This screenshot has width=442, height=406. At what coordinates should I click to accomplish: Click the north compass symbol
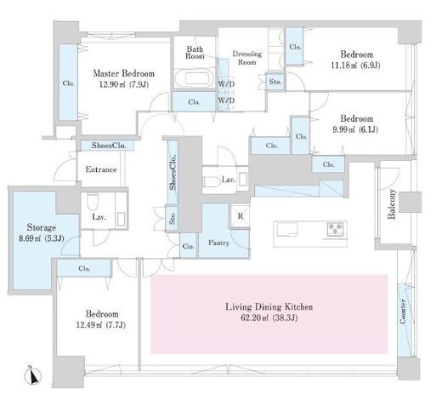(33, 376)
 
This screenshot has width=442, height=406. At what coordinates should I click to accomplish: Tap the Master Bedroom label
(124, 74)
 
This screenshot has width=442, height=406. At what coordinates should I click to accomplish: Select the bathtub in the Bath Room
(195, 78)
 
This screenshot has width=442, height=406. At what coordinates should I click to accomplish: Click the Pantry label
(218, 243)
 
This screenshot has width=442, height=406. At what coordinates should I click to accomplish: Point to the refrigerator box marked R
(241, 216)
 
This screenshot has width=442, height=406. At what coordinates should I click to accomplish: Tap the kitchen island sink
(287, 229)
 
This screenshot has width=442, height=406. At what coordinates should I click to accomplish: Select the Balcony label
(392, 203)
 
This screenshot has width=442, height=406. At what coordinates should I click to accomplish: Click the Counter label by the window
(403, 312)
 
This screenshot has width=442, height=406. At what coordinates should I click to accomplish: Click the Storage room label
(42, 227)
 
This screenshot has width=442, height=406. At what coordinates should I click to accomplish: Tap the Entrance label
(101, 169)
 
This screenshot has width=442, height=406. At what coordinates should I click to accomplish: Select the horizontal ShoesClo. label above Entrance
(109, 146)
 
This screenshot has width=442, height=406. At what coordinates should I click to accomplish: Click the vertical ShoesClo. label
(173, 173)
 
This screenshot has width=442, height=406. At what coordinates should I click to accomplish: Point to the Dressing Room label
(246, 58)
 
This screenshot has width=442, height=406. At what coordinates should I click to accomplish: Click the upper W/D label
(226, 84)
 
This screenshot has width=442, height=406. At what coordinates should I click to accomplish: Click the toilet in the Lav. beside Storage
(92, 201)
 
